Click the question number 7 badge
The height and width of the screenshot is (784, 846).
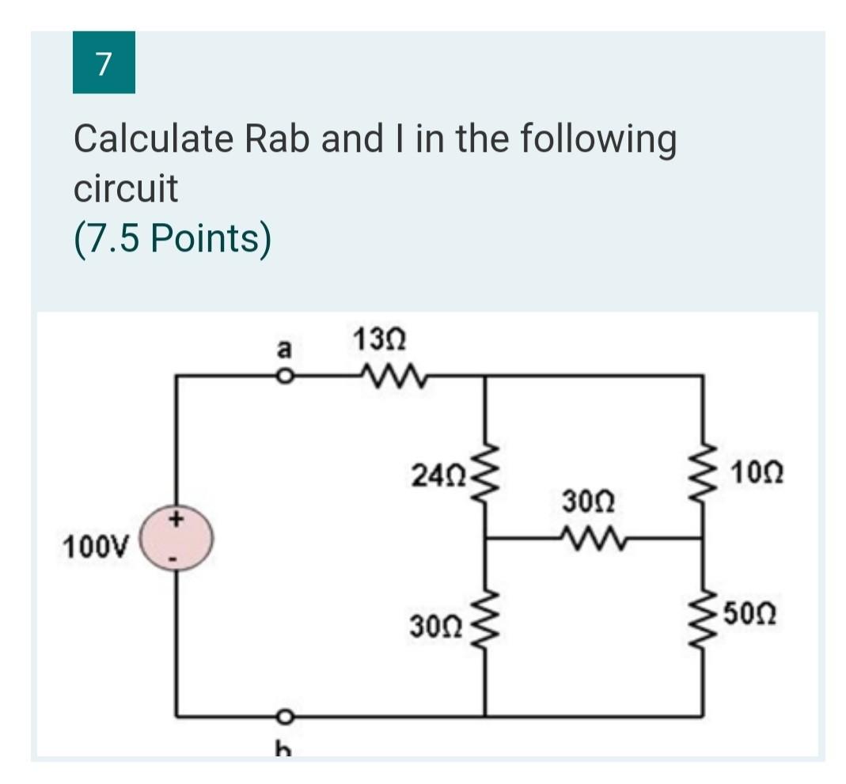click(103, 62)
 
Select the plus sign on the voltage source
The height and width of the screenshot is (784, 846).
click(176, 521)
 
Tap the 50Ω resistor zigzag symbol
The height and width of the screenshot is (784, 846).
click(703, 614)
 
